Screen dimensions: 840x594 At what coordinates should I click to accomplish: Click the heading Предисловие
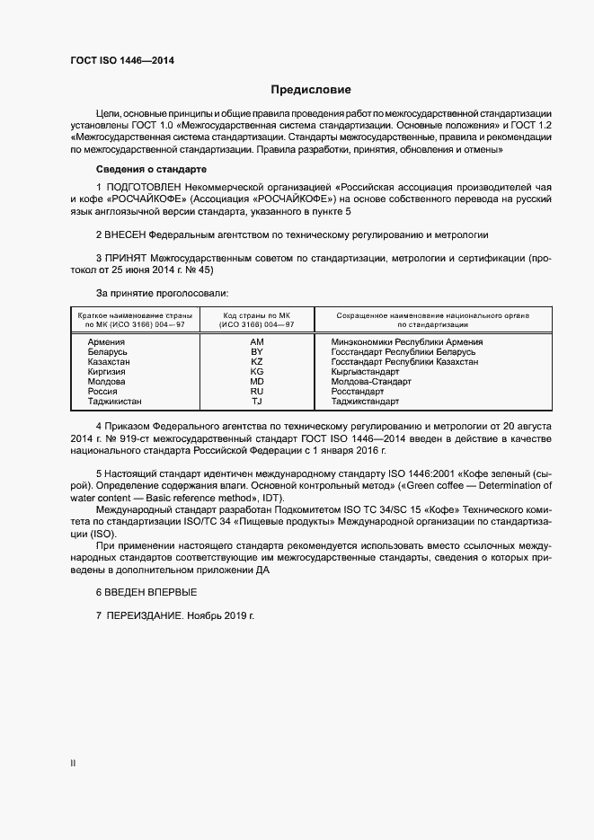click(x=311, y=90)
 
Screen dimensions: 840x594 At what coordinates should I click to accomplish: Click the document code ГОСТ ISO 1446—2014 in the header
click(x=122, y=60)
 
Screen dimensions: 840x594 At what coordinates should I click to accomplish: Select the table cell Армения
click(x=106, y=342)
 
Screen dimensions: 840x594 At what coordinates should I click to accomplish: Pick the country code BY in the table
click(x=256, y=352)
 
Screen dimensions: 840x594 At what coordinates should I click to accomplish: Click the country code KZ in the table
click(x=256, y=362)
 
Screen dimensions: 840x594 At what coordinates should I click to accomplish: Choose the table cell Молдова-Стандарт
click(x=371, y=382)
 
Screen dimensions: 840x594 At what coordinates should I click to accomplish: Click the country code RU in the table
click(x=256, y=392)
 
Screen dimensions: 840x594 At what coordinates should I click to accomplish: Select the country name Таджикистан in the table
click(x=115, y=402)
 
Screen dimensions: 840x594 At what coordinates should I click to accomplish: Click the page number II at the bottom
click(x=73, y=764)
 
